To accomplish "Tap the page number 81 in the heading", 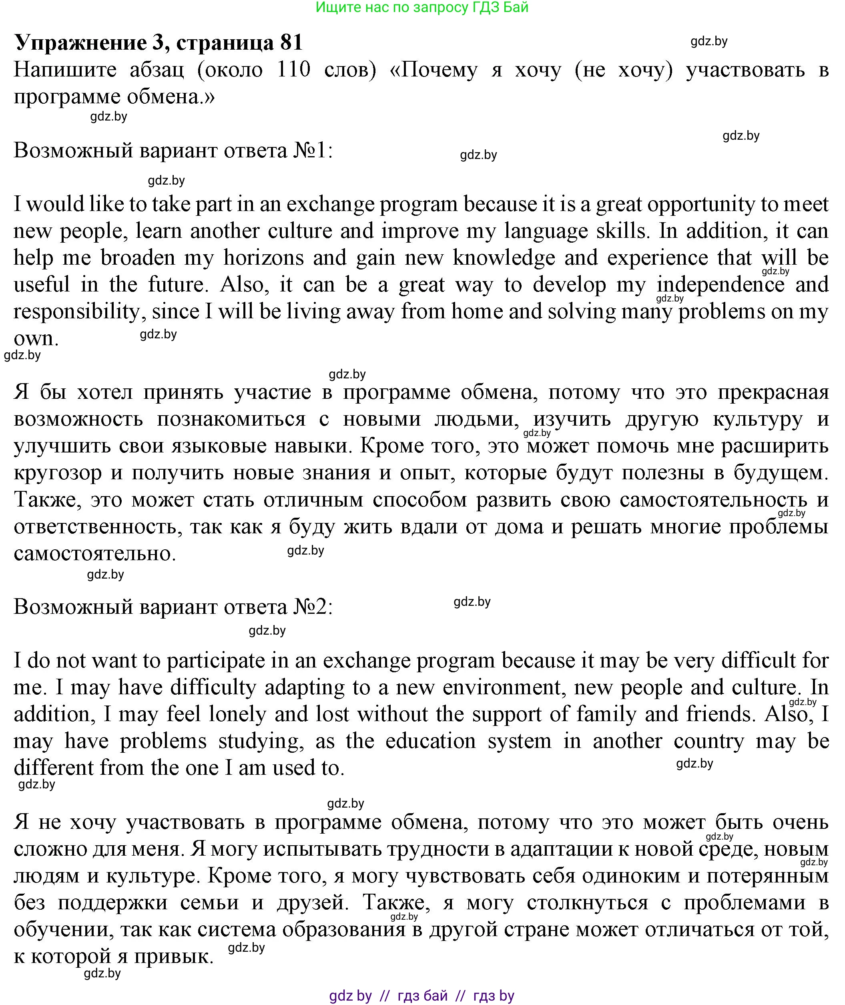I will click(x=291, y=42).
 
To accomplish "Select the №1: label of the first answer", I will click(x=313, y=151).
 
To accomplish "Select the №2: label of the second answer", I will click(x=313, y=607).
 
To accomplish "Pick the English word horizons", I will click(x=263, y=258).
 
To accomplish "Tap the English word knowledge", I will click(x=504, y=258).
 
